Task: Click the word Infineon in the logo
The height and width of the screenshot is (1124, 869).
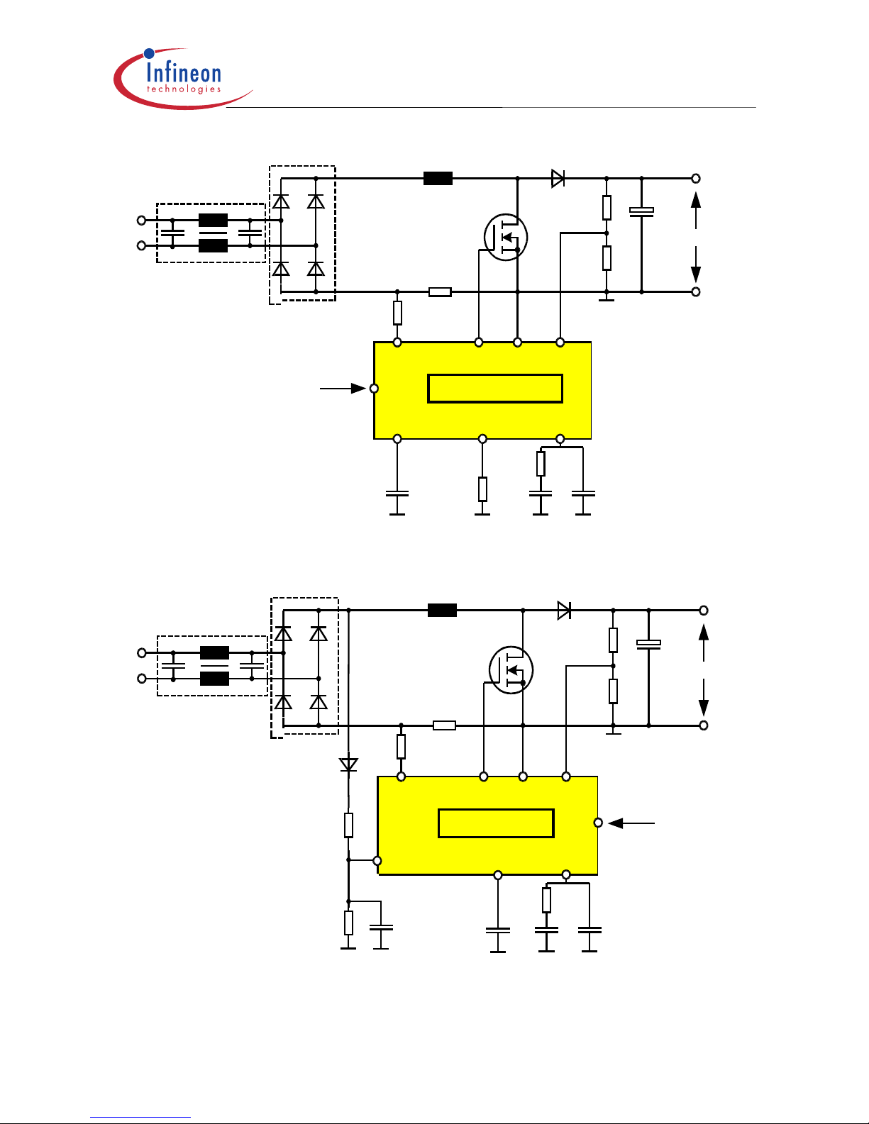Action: point(183,72)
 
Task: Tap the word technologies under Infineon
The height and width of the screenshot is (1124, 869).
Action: point(183,89)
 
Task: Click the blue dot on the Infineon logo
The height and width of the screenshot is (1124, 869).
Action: point(149,53)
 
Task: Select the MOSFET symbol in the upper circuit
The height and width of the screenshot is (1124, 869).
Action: point(506,238)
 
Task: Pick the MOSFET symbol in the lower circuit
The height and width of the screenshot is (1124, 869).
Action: point(511,670)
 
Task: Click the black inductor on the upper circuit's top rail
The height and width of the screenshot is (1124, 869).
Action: point(438,179)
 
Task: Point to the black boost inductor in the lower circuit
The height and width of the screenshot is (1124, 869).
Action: point(442,610)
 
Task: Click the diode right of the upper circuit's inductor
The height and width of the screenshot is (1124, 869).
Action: point(558,179)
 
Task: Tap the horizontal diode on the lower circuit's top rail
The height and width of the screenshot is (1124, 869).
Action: point(564,610)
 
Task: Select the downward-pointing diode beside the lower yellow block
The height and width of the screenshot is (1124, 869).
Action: point(348,764)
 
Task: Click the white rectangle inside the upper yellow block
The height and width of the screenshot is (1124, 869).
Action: point(495,389)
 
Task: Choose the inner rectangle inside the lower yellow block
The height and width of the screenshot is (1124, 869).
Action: point(496,823)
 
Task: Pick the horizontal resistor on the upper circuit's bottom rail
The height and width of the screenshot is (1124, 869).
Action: point(440,291)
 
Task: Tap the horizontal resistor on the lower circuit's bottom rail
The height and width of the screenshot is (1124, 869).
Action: point(444,725)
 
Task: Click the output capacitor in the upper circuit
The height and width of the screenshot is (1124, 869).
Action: point(641,211)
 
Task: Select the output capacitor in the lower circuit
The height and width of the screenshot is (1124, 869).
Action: point(648,644)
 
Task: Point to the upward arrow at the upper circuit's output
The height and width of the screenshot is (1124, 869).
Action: point(696,209)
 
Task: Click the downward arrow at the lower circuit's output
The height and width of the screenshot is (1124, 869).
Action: point(704,699)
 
